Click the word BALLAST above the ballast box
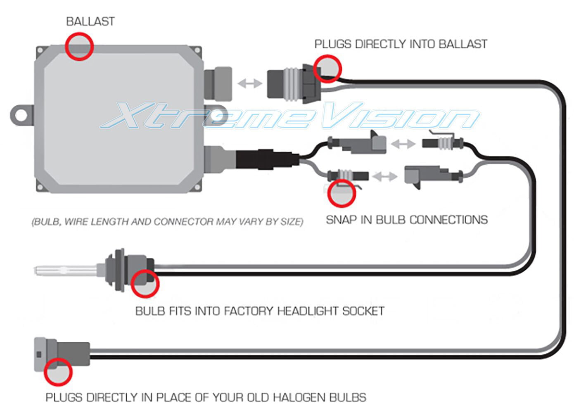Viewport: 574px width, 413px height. (90, 21)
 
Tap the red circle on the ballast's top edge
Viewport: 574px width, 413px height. (79, 46)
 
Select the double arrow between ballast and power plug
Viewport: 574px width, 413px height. (250, 83)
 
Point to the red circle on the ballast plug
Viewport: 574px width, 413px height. (327, 68)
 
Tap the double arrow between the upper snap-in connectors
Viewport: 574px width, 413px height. (403, 144)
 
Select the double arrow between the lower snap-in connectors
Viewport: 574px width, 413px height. (384, 176)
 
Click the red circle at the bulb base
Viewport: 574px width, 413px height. (145, 284)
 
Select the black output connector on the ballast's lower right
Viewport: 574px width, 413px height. (266, 159)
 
